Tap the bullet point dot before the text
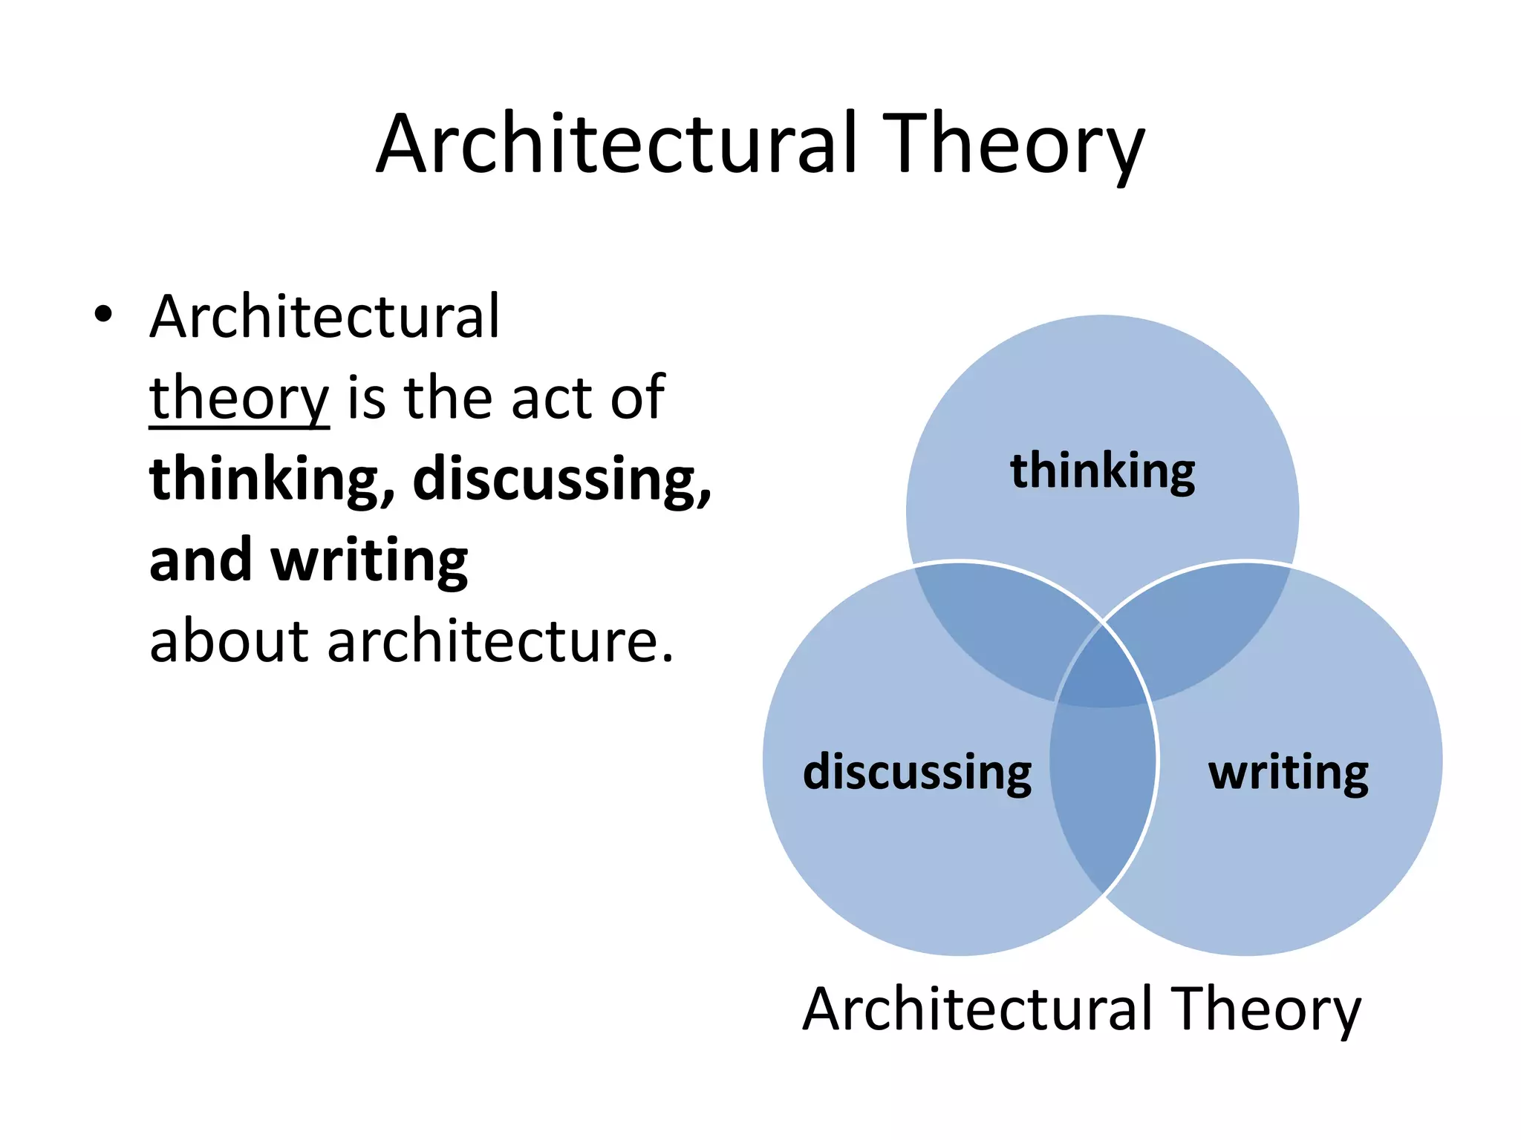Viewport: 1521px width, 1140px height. point(103,315)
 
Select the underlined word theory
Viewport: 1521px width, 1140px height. point(238,399)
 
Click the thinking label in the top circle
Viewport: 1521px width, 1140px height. point(1102,472)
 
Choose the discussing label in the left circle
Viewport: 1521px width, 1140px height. point(917,773)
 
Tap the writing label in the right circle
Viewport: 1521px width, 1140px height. point(1289,773)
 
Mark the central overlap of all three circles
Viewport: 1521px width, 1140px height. point(1103,672)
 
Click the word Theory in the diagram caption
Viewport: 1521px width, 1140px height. point(1266,1009)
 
